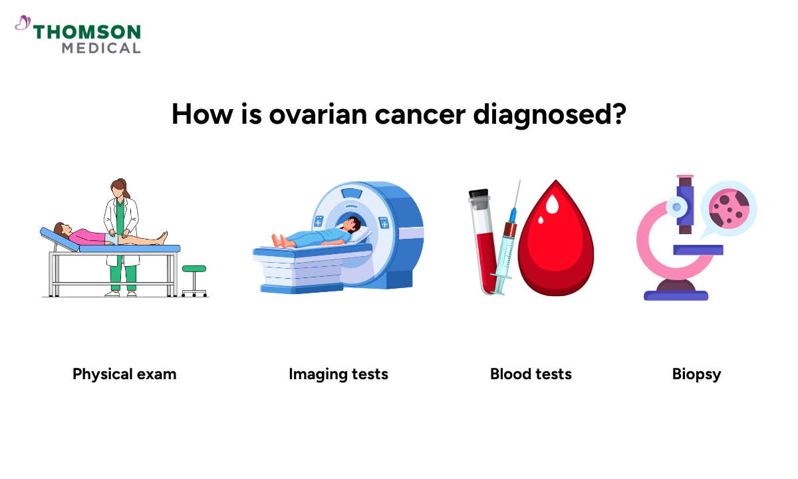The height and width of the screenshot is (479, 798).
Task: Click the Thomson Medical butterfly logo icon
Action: (23, 24)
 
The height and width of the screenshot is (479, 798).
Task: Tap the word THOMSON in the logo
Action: (87, 32)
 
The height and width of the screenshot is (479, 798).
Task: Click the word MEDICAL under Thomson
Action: (101, 48)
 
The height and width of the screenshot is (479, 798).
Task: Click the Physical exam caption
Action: (124, 374)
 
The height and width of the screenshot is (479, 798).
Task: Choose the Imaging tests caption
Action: (338, 374)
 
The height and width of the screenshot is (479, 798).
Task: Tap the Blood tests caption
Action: (531, 374)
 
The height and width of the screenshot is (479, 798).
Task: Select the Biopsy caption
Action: (696, 374)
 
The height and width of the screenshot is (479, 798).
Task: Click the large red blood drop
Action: (555, 243)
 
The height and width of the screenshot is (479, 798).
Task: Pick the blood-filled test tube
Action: (481, 239)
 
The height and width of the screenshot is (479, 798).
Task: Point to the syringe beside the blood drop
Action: (507, 239)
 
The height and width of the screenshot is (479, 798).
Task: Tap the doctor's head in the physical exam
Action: (119, 188)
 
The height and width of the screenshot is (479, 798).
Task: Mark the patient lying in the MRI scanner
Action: (319, 236)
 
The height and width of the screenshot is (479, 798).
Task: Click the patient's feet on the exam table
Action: (162, 236)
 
